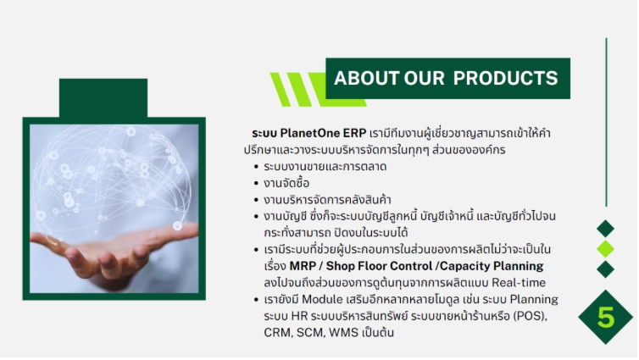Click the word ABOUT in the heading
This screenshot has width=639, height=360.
coord(366,78)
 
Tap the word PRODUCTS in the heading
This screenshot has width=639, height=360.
coord(505,78)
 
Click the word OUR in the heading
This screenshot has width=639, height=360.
coord(424,78)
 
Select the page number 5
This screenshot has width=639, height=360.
coord(606,318)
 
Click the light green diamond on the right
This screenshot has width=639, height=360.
coord(606,249)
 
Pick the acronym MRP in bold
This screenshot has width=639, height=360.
coord(303,266)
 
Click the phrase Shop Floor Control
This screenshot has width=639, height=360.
coord(379,266)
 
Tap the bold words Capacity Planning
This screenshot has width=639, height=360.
coord(492,266)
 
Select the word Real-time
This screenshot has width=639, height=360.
coord(519,283)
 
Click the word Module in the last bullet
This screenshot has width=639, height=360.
coord(322,299)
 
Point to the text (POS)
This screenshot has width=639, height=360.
coord(530,316)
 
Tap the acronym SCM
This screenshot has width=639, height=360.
coord(309,333)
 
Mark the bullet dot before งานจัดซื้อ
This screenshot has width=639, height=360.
coord(256,184)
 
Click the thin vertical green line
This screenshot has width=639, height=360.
coord(607,122)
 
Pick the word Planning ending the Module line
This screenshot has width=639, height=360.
coord(534,300)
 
